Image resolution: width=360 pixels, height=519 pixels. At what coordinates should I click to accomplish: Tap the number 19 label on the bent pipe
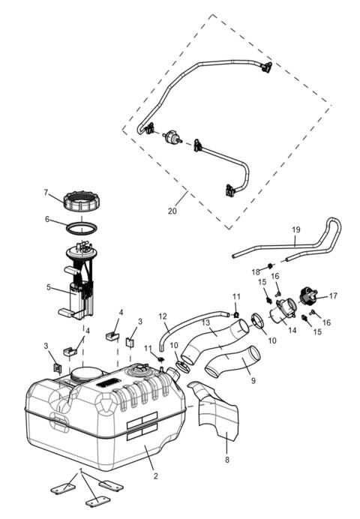pyautogui.click(x=295, y=230)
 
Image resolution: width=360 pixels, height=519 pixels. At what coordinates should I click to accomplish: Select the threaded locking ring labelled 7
pyautogui.click(x=82, y=201)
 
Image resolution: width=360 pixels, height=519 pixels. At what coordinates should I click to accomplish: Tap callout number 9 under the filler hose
pyautogui.click(x=253, y=381)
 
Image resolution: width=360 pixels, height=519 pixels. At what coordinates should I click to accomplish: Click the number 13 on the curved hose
pyautogui.click(x=204, y=322)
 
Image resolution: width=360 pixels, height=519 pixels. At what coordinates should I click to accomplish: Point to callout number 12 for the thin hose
pyautogui.click(x=163, y=316)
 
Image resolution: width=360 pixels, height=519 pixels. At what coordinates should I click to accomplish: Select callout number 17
pyautogui.click(x=334, y=295)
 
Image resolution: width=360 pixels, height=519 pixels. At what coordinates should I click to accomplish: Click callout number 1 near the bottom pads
pyautogui.click(x=80, y=470)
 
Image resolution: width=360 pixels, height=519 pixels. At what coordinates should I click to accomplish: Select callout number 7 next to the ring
pyautogui.click(x=46, y=193)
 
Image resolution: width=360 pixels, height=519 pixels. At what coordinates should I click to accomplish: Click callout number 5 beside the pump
pyautogui.click(x=48, y=286)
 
